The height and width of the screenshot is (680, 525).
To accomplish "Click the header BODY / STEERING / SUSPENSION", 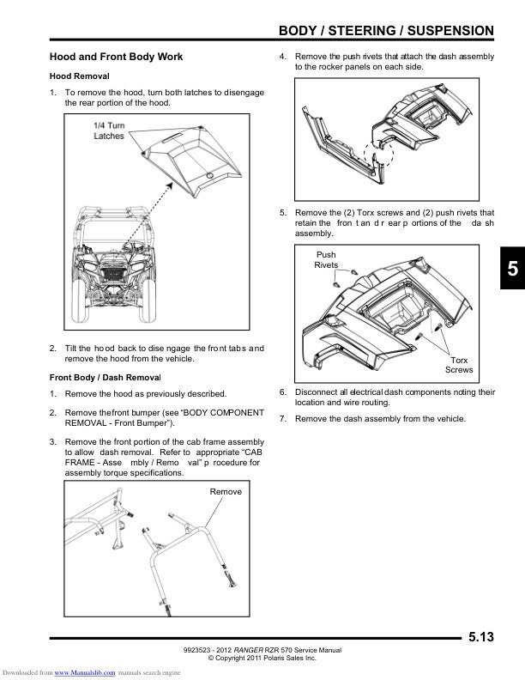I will point(387,32).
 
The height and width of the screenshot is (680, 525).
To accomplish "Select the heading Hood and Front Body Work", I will point(116,57).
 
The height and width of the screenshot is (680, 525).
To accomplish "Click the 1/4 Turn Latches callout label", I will point(109,131).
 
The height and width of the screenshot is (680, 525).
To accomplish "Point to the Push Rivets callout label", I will point(327,259).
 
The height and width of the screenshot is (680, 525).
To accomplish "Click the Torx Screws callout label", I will point(459,365).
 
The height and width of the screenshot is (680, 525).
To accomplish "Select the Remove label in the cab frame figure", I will point(226,491).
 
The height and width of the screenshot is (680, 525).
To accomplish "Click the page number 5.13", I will point(481,636).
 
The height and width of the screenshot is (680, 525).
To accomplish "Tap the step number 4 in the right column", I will point(283,56).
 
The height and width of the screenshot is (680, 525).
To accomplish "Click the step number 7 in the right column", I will point(283,419).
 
